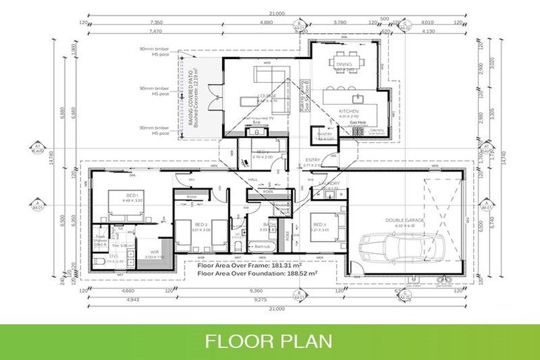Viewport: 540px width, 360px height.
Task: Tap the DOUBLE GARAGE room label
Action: click(404, 220)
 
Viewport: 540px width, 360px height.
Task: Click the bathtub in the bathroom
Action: click(260, 247)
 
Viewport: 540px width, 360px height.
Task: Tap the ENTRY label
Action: click(312, 160)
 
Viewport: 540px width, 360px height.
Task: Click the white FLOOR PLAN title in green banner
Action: click(269, 342)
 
